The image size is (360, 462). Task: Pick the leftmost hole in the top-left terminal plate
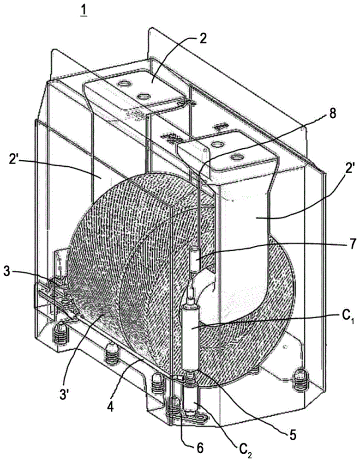[125, 84]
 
